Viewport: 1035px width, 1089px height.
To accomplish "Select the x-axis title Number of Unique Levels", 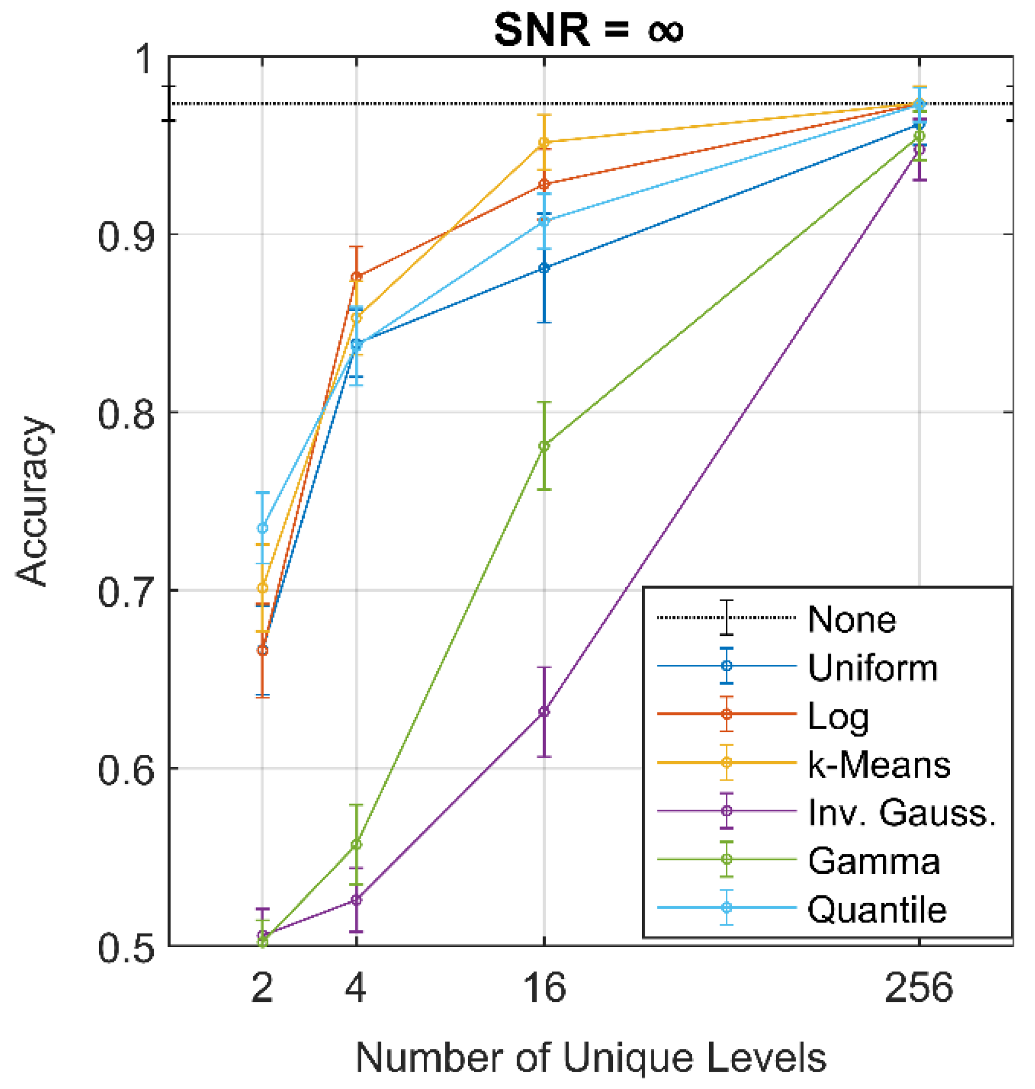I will click(x=590, y=1057).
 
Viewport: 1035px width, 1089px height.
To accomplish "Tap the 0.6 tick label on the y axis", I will click(x=125, y=769).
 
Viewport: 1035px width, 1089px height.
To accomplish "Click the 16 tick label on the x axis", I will click(x=544, y=988).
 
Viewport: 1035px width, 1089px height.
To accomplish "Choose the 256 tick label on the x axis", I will click(x=918, y=988).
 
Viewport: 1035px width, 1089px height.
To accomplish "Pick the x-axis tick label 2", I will click(x=262, y=988).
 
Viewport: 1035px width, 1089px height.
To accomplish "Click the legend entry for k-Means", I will click(x=878, y=764).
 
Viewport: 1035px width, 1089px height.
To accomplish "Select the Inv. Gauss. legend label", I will click(x=901, y=812).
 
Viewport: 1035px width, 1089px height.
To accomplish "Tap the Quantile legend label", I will click(x=876, y=909).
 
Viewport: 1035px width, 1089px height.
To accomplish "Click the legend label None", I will click(x=851, y=619).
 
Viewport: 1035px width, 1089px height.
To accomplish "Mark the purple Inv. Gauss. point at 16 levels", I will click(x=544, y=711).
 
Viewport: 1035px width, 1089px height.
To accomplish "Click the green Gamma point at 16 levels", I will click(x=544, y=446).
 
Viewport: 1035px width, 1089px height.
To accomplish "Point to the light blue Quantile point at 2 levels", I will click(x=262, y=528).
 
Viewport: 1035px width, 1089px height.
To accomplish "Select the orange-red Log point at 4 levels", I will click(x=356, y=277).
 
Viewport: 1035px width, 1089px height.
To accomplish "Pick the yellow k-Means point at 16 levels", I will click(x=544, y=142).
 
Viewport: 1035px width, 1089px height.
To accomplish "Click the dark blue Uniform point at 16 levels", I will click(x=544, y=268).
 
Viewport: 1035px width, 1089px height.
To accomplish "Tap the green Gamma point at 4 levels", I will click(x=356, y=844).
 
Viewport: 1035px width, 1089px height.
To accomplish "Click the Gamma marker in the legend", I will click(x=726, y=859).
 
